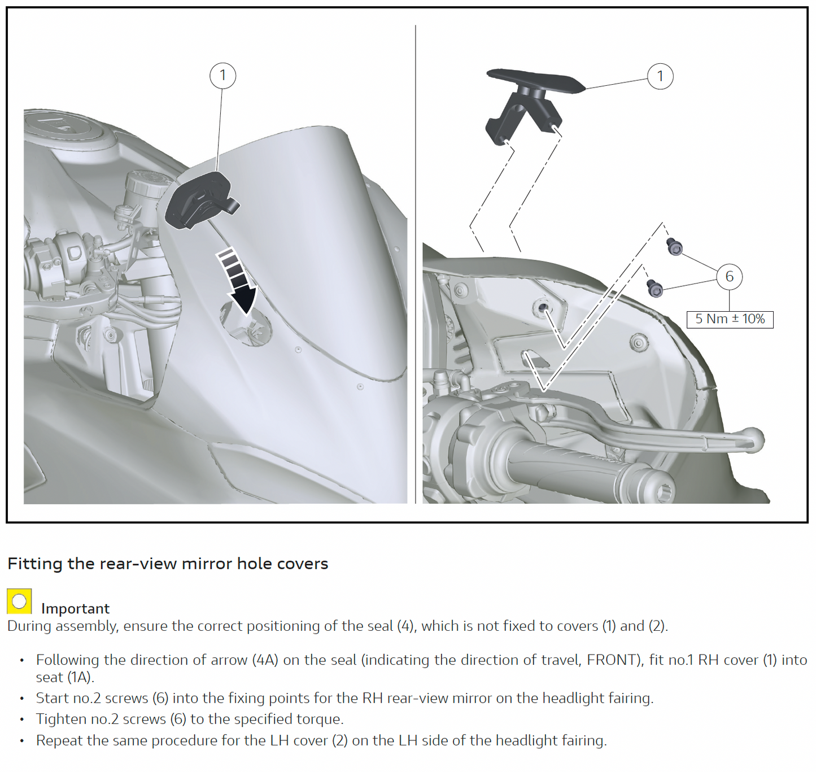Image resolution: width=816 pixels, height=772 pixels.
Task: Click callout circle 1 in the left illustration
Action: [x=222, y=76]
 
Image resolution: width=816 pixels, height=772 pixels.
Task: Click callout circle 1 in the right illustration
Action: [x=660, y=76]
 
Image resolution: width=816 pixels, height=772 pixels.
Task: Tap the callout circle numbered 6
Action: [x=729, y=277]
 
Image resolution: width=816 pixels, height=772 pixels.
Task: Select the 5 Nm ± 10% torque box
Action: [x=730, y=319]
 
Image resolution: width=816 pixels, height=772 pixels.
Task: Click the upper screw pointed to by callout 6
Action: [x=674, y=247]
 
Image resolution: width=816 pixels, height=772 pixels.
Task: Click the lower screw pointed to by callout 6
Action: [x=654, y=289]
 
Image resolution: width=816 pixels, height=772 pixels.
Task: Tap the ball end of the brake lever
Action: [x=752, y=439]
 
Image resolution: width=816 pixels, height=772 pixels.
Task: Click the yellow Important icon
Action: [x=19, y=601]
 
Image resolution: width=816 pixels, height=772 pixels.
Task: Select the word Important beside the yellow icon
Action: [x=75, y=609]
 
